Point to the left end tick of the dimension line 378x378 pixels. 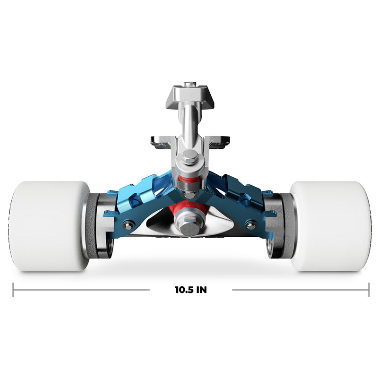tap(13, 290)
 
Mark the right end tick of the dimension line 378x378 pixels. tap(369, 290)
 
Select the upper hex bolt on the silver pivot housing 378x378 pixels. tap(189, 158)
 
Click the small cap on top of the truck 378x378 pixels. tap(189, 85)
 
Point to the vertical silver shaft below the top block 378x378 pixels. tap(189, 123)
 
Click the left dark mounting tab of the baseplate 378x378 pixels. tap(159, 141)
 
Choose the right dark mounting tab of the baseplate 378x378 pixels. tap(220, 141)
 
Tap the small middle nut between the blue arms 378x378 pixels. tap(189, 194)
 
